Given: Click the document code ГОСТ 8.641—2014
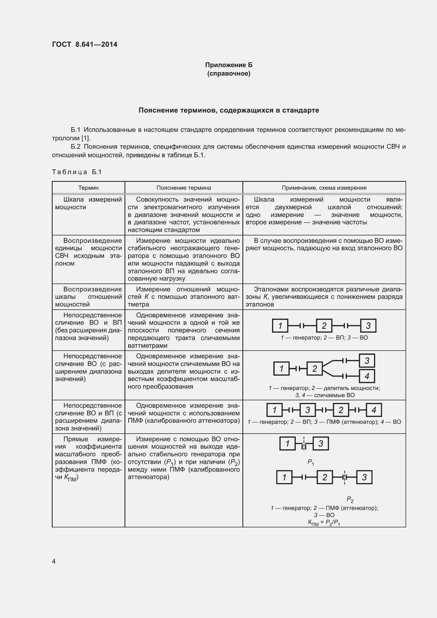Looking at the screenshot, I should click(85, 44).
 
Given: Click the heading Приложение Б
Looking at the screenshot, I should click(229, 65).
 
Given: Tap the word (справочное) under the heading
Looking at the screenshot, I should click(229, 73).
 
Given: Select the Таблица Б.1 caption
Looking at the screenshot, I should click(77, 172).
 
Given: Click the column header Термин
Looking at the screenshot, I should click(88, 188).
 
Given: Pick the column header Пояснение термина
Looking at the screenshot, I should click(184, 188).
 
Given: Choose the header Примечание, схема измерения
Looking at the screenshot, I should click(324, 188).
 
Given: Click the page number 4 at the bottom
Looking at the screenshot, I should click(54, 561).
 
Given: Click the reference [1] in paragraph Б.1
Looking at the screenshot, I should click(85, 138).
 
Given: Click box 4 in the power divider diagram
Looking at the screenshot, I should click(367, 376).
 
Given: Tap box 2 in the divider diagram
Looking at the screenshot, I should click(315, 369).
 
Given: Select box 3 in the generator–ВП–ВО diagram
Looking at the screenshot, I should click(368, 326).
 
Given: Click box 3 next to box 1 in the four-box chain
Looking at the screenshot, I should click(307, 410).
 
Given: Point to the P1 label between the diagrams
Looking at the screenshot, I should click(311, 462).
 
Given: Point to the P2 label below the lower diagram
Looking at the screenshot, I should click(350, 500).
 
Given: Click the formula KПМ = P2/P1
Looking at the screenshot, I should click(324, 523).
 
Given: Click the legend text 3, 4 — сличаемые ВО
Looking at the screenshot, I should click(325, 395).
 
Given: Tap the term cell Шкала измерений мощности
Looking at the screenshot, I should click(88, 203).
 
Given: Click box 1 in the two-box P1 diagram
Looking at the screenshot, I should click(287, 443).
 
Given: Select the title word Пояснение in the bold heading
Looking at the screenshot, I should click(158, 110).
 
